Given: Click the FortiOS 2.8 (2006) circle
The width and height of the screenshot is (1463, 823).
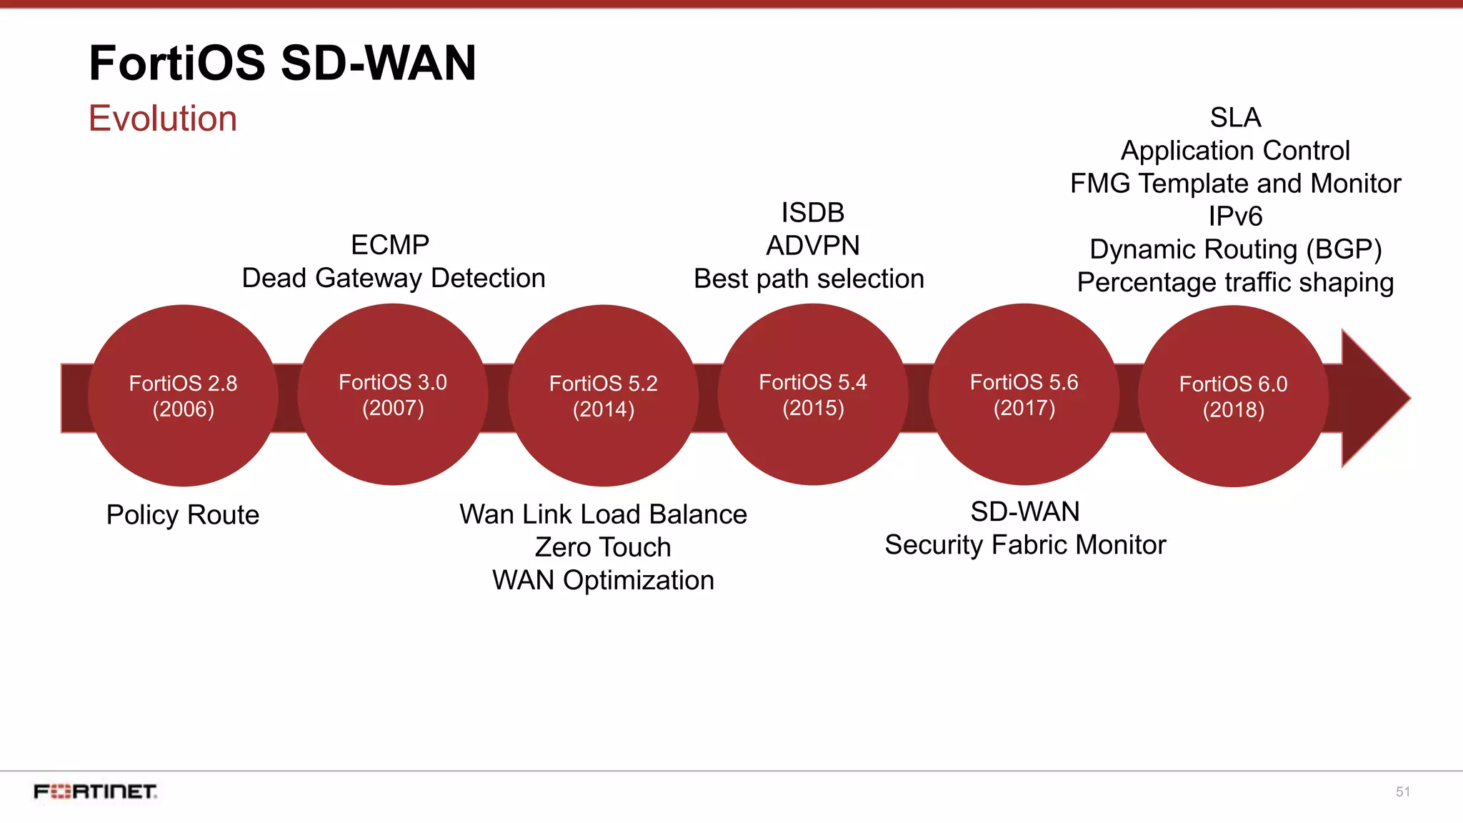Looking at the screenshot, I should coord(183,396).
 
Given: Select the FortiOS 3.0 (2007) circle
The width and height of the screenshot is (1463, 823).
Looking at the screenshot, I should coord(393,394).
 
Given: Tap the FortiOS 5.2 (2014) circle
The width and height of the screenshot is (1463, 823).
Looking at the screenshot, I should coord(603,396).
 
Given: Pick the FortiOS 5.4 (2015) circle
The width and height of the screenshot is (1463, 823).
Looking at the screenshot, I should coord(813,394).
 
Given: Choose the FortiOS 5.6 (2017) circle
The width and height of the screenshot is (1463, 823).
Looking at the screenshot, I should coord(1024,394).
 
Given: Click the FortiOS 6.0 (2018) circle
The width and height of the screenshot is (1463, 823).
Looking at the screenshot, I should coord(1233,396).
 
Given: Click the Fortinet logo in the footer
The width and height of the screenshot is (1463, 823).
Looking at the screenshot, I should coord(95,792).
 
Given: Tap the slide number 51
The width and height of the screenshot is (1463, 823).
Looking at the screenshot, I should coord(1402,792).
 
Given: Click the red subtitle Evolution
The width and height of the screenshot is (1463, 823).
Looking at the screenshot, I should coord(163,119).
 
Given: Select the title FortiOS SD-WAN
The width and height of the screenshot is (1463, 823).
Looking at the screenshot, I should coord(282,63).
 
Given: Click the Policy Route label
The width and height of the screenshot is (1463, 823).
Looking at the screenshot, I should coord(183,515).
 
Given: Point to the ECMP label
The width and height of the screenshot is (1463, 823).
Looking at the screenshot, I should coord(390,245).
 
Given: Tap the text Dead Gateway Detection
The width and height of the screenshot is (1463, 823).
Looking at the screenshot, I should coord(394,278).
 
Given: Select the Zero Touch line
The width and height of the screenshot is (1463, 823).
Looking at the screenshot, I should coord(603,547).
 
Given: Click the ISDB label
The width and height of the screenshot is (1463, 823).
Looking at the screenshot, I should coord(813,213).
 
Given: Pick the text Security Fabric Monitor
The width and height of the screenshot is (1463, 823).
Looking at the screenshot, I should coord(1025,545).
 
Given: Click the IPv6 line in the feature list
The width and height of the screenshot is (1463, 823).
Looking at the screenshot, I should coord(1235,216).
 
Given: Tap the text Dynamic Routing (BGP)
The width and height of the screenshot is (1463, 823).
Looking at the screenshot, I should coord(1235,249).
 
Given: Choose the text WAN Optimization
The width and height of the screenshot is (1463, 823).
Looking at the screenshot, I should coord(603,580).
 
